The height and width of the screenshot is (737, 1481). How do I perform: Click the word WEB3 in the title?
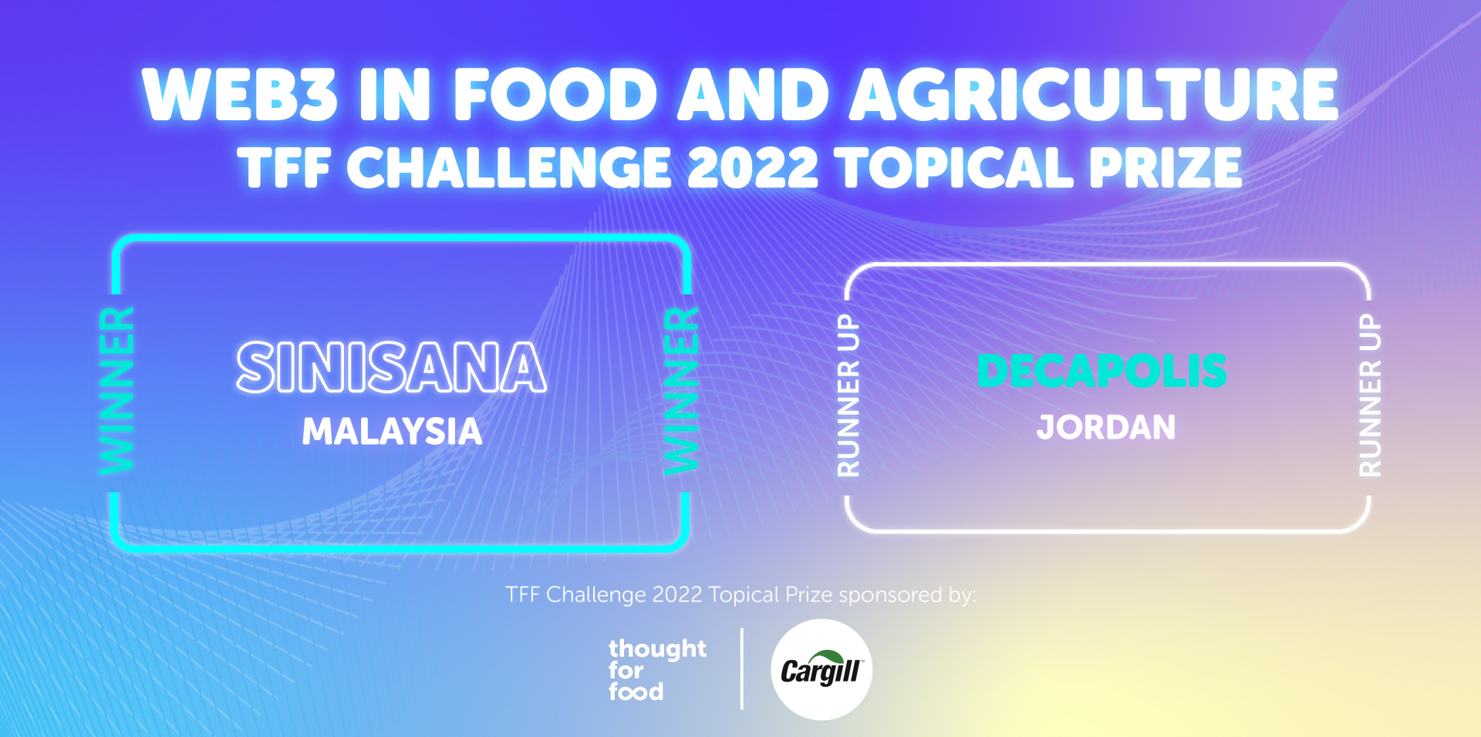[240, 95]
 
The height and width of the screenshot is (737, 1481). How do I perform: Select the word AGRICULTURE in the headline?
[1094, 95]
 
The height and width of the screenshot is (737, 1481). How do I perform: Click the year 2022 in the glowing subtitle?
[752, 167]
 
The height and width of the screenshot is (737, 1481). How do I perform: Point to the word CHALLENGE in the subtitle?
[509, 167]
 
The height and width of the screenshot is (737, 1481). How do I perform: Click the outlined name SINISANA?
[392, 368]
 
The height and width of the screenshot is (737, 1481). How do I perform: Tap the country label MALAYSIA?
[392, 431]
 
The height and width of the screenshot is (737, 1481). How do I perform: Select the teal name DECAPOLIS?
[1102, 371]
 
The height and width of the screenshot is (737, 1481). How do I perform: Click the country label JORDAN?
[1106, 427]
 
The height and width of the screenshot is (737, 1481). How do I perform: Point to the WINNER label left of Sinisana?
[117, 391]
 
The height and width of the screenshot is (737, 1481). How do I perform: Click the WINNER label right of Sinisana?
[682, 391]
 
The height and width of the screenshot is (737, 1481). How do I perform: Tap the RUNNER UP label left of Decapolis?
[848, 395]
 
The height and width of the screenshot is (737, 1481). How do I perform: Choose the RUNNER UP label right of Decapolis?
[1370, 395]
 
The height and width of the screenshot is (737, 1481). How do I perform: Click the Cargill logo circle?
[821, 669]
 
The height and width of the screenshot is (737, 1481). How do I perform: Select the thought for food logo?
[656, 669]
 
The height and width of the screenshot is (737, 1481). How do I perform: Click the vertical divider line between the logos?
[742, 668]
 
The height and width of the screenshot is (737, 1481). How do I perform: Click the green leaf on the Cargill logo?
[824, 656]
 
